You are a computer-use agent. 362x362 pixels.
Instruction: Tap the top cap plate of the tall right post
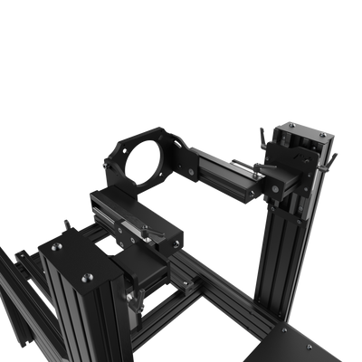pyautogui.click(x=304, y=136)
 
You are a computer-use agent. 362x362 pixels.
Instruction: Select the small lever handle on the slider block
pyautogui.click(x=145, y=234)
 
